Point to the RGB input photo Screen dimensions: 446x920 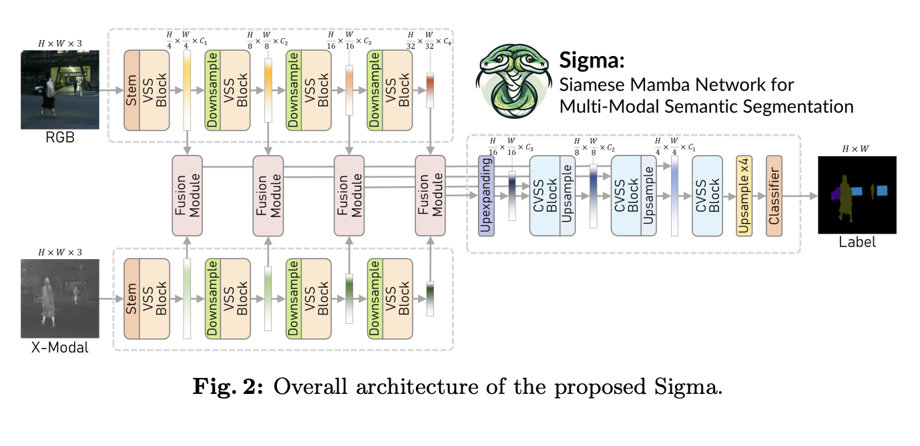pyautogui.click(x=59, y=90)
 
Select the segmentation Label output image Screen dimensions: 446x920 pyautogui.click(x=857, y=195)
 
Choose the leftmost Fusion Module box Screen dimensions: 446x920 pyautogui.click(x=187, y=196)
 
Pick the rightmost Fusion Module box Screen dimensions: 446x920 pyautogui.click(x=431, y=196)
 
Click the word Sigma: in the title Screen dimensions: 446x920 pyautogui.click(x=592, y=61)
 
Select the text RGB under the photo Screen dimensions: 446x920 pyautogui.click(x=59, y=140)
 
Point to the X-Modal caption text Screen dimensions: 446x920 pyautogui.click(x=59, y=347)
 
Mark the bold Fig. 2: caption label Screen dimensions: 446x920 pyautogui.click(x=226, y=387)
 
